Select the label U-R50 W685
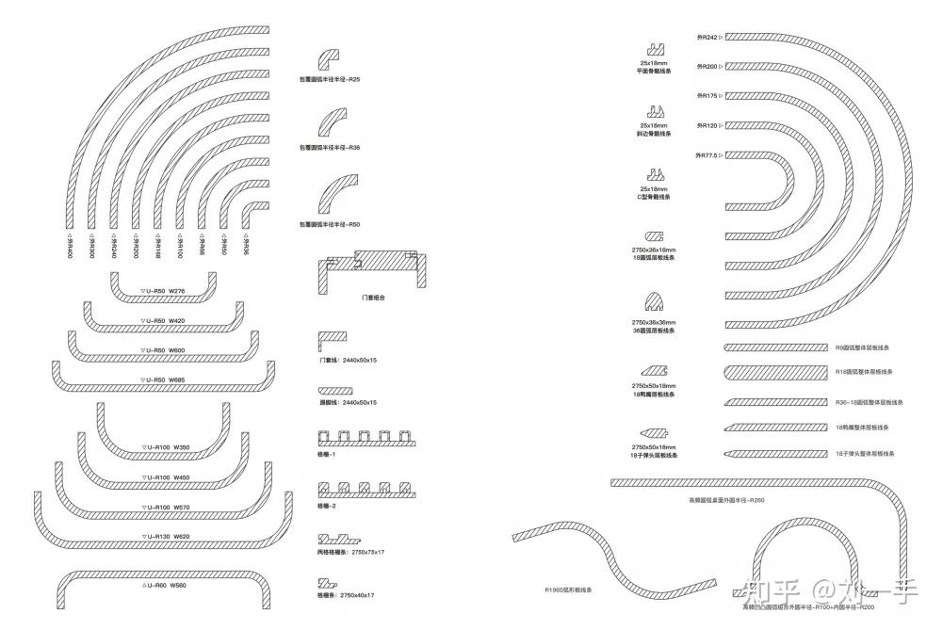click(164, 380)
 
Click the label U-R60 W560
click(164, 585)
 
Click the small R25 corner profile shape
click(330, 57)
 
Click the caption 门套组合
click(372, 298)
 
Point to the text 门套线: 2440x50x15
click(348, 360)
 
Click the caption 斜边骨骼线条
click(653, 134)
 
